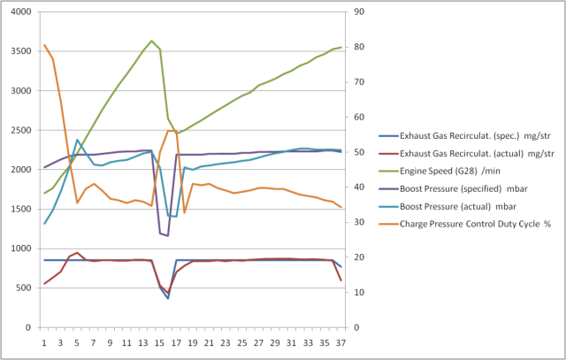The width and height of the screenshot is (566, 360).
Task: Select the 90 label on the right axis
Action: pyautogui.click(x=358, y=12)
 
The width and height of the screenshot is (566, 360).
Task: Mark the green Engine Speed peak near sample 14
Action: pyautogui.click(x=152, y=41)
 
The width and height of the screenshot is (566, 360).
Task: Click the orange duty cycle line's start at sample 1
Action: pyautogui.click(x=44, y=45)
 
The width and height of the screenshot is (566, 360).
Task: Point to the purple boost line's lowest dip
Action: pyautogui.click(x=168, y=236)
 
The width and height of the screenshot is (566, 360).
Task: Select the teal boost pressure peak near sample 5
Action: pyautogui.click(x=78, y=140)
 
